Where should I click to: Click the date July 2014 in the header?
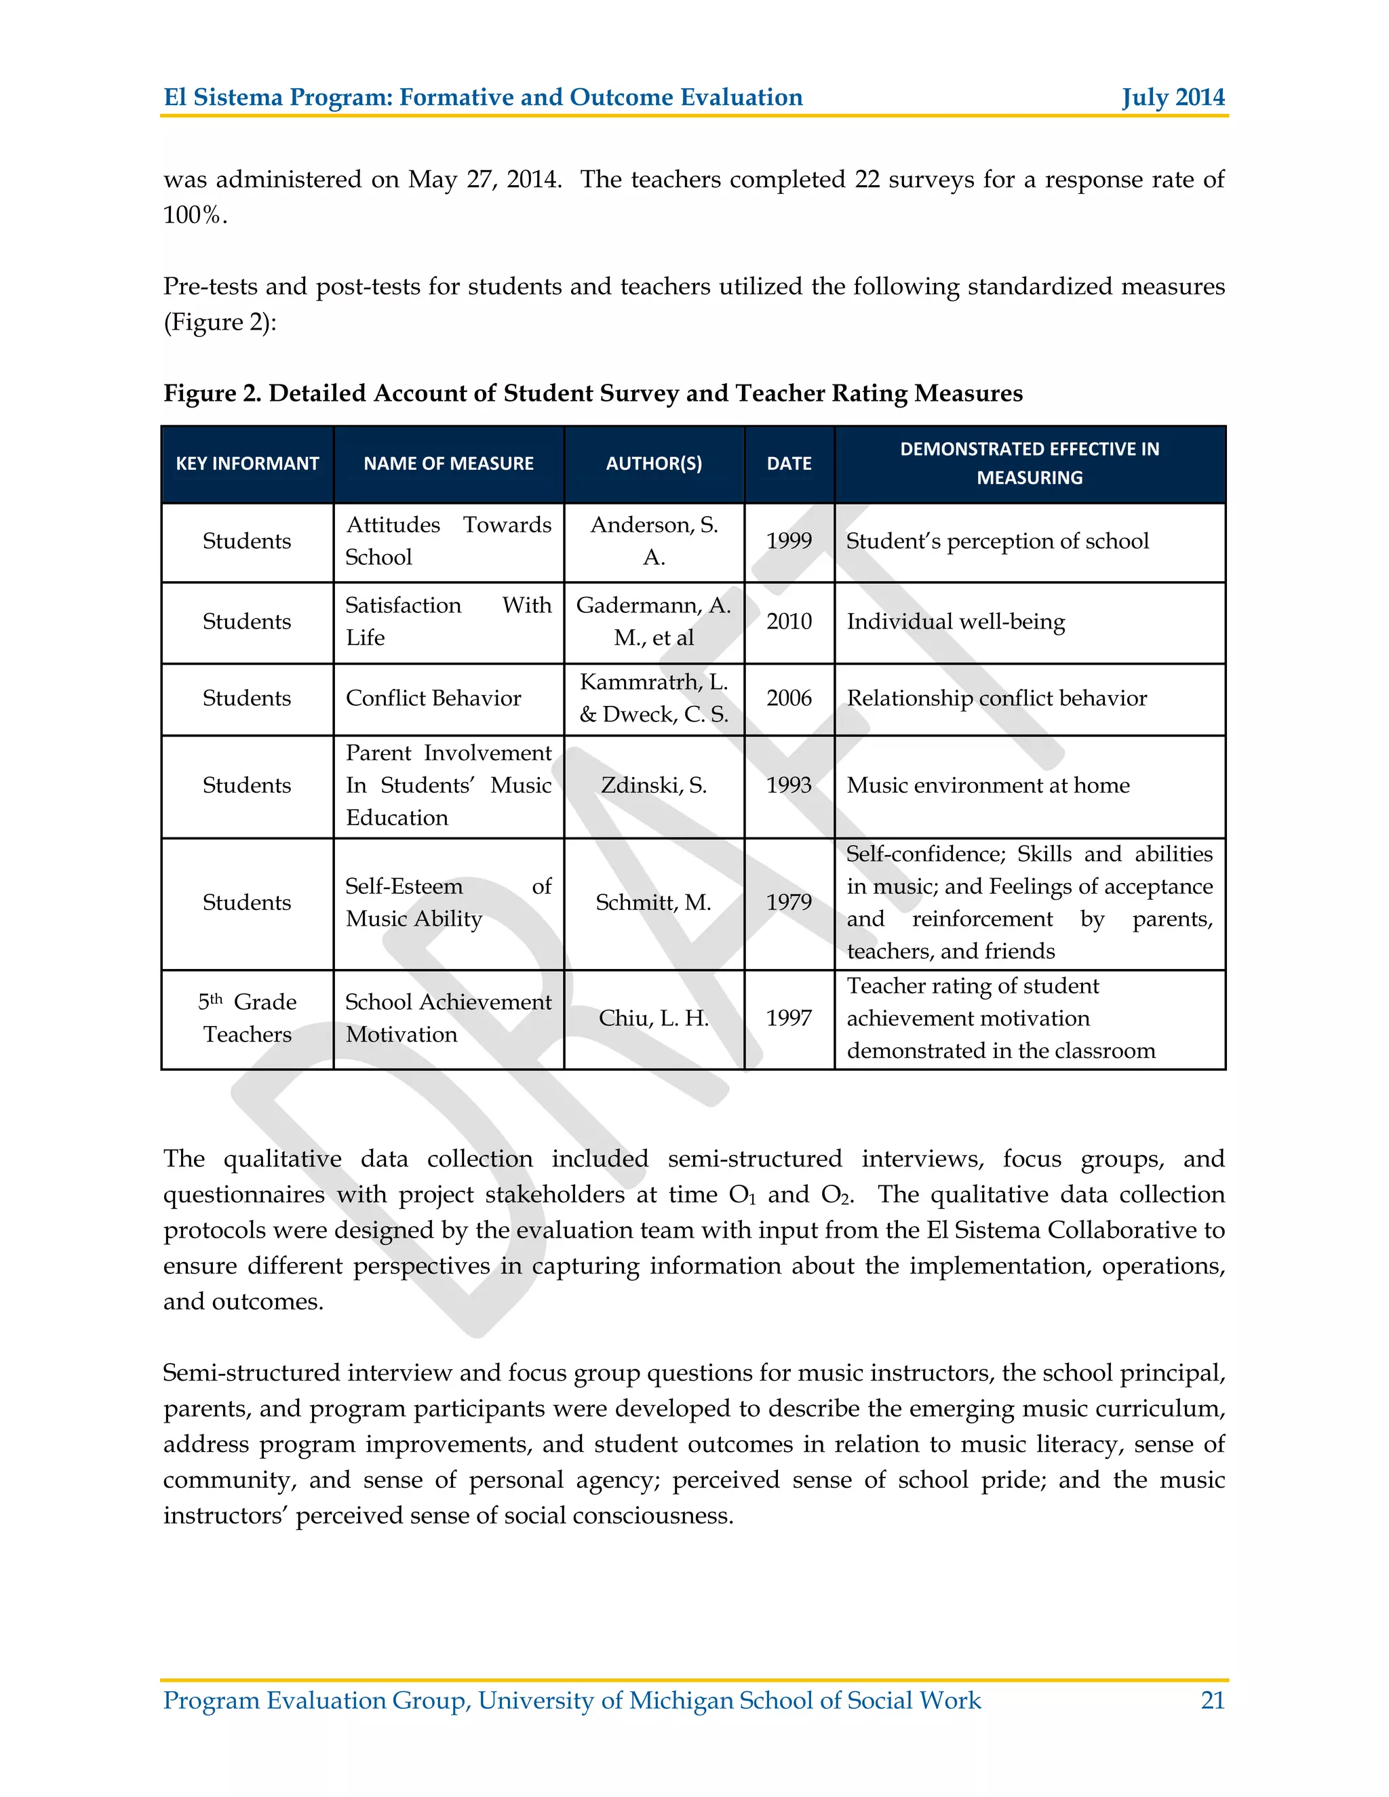click(1173, 97)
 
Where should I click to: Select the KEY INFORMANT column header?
click(247, 463)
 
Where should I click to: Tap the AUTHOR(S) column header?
click(654, 463)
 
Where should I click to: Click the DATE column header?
click(789, 463)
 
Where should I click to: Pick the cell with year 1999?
click(789, 540)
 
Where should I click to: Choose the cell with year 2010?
click(789, 621)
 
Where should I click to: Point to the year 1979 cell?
click(789, 902)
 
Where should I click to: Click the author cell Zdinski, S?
click(654, 785)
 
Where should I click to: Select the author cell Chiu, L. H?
click(654, 1018)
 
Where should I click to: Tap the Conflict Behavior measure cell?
click(433, 698)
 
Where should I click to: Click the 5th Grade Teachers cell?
click(247, 1018)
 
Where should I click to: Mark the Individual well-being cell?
click(956, 621)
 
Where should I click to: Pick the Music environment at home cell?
click(988, 785)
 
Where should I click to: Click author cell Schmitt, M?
click(654, 902)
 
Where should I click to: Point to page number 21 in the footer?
click(1212, 1700)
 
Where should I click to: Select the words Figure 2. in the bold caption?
click(212, 393)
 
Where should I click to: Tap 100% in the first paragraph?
click(194, 216)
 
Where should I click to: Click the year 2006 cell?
click(789, 698)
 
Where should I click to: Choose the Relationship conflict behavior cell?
click(996, 698)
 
